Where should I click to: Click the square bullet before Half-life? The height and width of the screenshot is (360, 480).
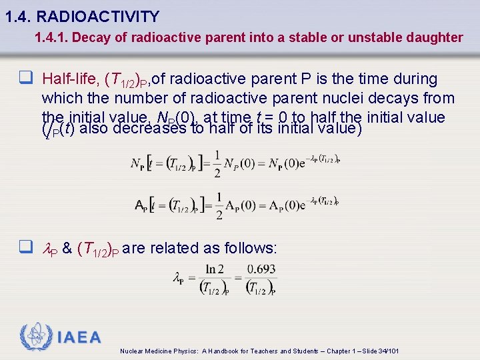[x=26, y=79]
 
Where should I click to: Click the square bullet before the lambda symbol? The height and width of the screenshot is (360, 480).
[x=26, y=248]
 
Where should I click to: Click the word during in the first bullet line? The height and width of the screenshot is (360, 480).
[x=413, y=79]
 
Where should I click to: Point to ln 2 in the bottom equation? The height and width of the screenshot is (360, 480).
[x=215, y=269]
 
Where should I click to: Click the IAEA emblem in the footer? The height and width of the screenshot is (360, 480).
[x=35, y=337]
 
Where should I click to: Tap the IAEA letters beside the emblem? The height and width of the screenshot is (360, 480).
[x=79, y=337]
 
